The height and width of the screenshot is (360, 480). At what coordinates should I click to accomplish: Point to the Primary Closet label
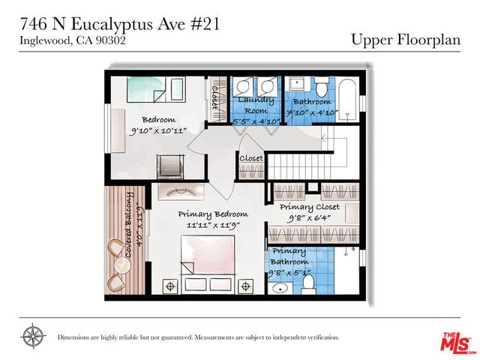309,206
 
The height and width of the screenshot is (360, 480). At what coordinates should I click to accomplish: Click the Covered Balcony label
130,226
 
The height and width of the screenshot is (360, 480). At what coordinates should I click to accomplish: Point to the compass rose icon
33,334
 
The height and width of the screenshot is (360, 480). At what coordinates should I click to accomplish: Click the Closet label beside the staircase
251,158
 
